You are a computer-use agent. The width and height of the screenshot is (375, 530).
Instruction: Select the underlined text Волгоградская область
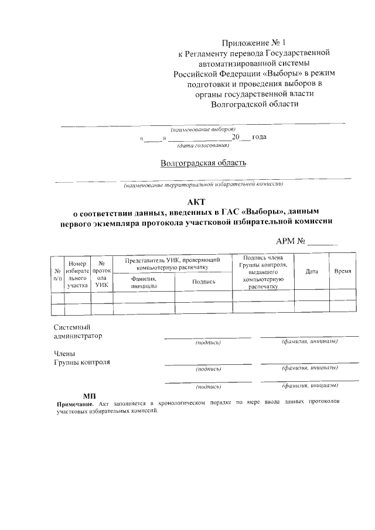203,162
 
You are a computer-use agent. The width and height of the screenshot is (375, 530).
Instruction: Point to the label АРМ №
291,241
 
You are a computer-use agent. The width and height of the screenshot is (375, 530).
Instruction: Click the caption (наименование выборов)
203,129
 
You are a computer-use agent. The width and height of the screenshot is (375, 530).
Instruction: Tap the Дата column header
312,272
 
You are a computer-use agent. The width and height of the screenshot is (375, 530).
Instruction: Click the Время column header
343,272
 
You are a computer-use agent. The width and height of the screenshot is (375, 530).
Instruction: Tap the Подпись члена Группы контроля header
263,272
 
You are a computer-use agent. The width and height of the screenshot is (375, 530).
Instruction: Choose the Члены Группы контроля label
81,358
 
